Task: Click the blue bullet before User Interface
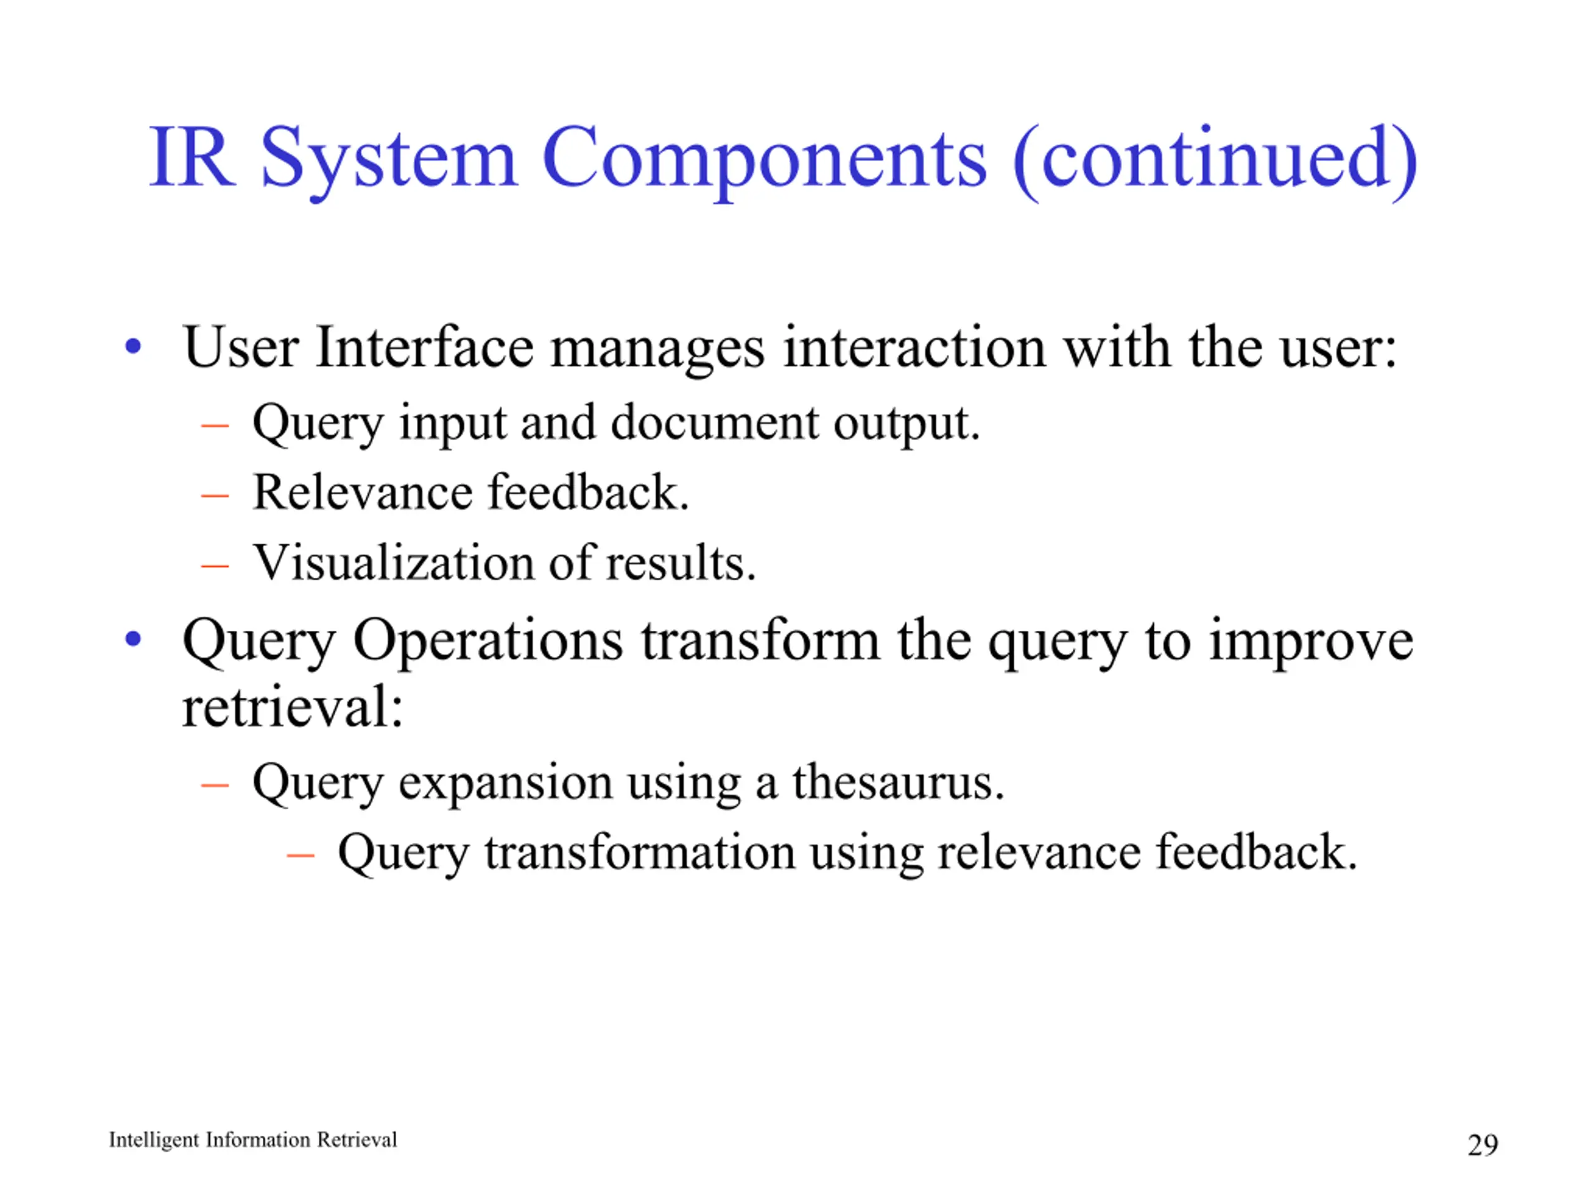[133, 347]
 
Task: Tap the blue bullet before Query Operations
[133, 638]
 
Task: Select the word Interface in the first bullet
[424, 347]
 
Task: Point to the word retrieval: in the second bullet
[292, 707]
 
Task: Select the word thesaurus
[898, 782]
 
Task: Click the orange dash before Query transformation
[300, 856]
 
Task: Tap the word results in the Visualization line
[681, 564]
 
